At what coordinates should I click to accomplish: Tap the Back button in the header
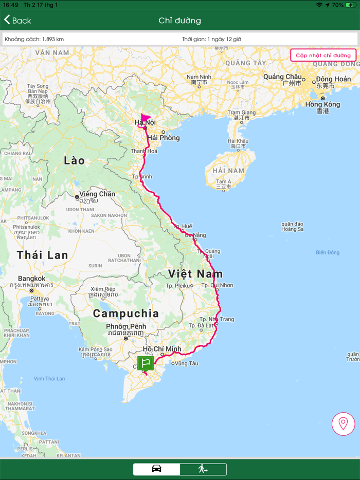coord(17,21)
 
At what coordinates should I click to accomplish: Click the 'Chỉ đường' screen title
coord(179,21)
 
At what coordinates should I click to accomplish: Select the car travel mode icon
coord(157,469)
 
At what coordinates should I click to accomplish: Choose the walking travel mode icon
coord(203,469)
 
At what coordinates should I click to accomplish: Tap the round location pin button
coord(343,424)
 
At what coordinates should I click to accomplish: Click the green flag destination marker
coord(146,363)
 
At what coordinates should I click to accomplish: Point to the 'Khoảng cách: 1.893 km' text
coord(34,39)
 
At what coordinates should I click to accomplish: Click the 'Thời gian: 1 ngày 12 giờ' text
coord(211,39)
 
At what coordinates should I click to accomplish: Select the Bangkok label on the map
coord(32,279)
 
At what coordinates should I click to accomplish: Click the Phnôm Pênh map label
coord(126,326)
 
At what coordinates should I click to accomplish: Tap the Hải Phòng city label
coord(163,138)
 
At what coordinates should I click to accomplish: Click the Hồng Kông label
coord(322,104)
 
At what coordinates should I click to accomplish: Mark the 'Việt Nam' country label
coord(195,273)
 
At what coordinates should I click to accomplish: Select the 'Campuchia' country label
coord(126,313)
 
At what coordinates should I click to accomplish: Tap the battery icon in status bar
coord(351,5)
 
